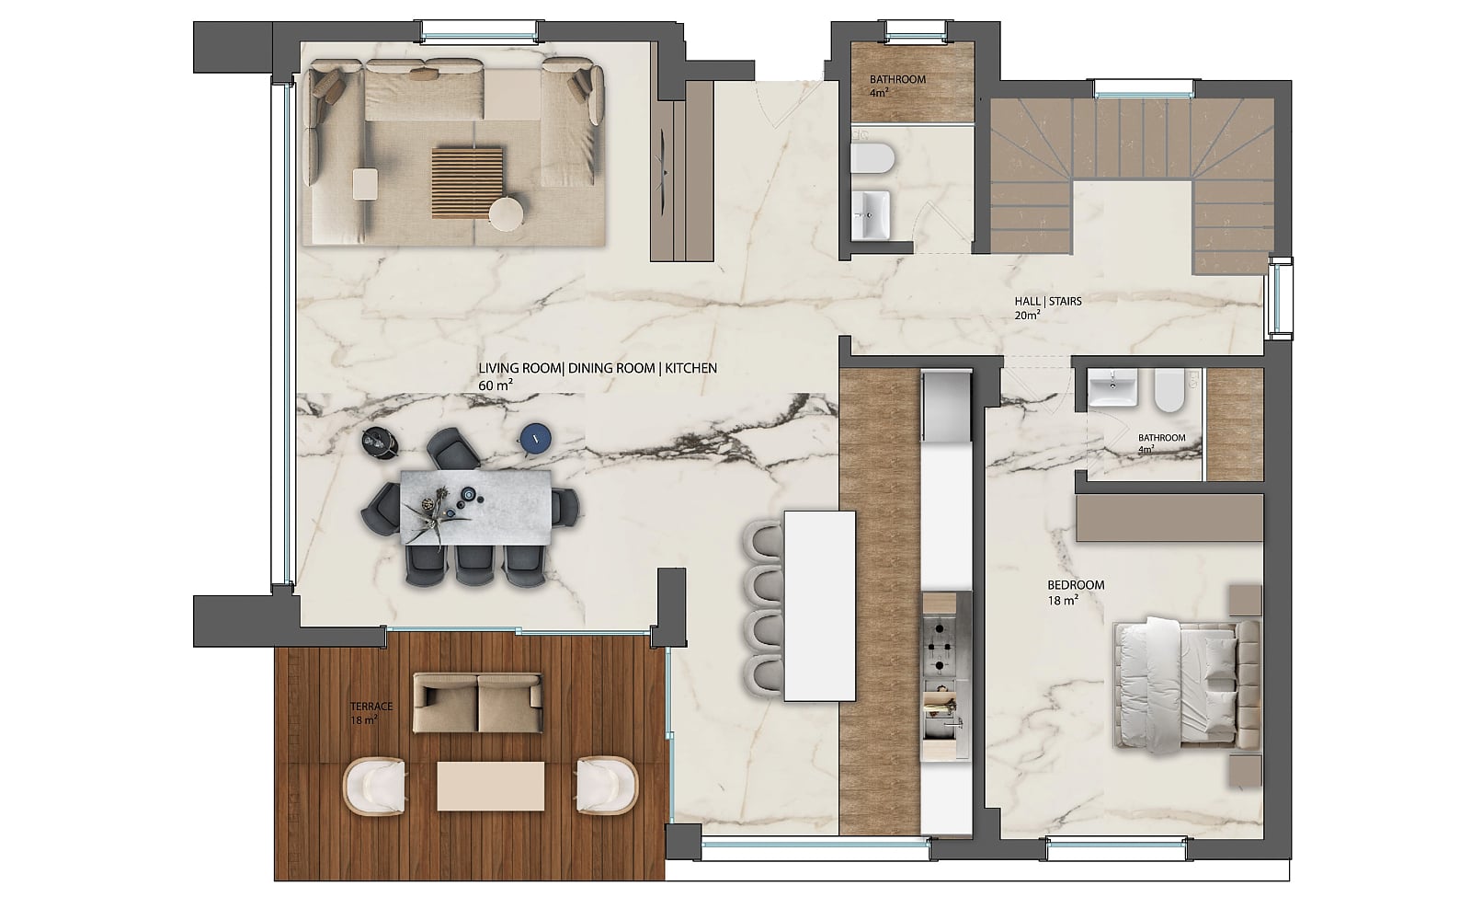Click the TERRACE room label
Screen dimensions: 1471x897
click(371, 707)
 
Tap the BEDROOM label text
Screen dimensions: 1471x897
click(1076, 585)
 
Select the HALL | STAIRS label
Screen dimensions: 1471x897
click(1048, 302)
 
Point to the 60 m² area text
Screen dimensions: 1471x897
click(496, 385)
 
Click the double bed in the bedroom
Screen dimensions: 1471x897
click(1187, 684)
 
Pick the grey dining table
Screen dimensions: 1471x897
click(476, 507)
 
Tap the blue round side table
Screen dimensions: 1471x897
click(536, 437)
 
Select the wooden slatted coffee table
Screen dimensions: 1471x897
click(468, 182)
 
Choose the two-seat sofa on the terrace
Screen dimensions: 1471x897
click(477, 703)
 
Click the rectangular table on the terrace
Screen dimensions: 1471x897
click(491, 786)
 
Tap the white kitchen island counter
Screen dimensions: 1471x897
click(819, 606)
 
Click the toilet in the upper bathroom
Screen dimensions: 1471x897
click(872, 158)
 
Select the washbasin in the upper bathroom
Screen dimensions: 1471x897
click(871, 214)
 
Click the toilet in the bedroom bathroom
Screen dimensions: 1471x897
click(1169, 390)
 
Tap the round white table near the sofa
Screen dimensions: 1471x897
click(507, 214)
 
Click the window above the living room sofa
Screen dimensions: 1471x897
click(479, 31)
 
